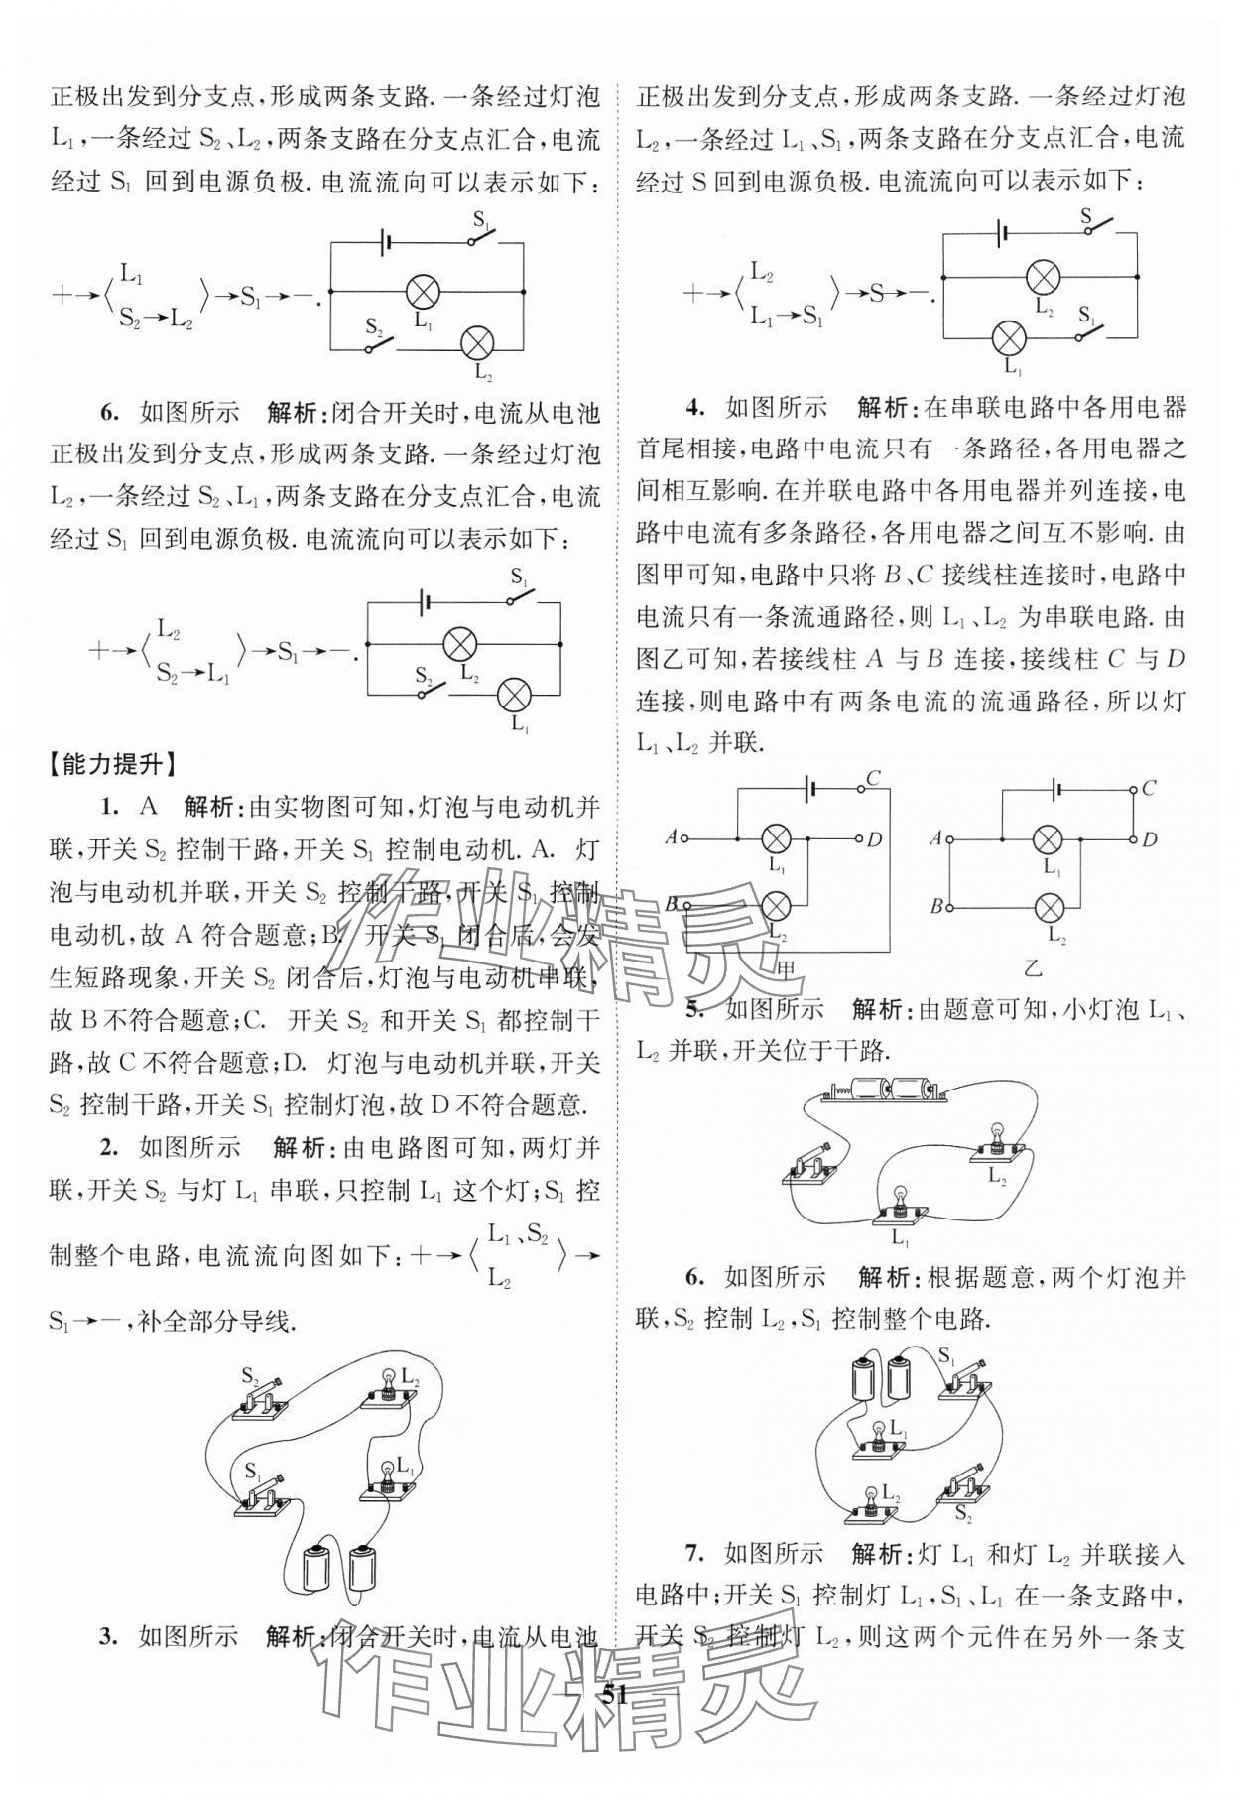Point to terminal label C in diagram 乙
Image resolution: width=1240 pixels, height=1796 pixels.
pyautogui.click(x=1148, y=788)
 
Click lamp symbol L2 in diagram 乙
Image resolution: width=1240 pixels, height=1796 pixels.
pyautogui.click(x=1050, y=907)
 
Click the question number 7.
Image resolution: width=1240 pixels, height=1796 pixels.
pyautogui.click(x=694, y=1553)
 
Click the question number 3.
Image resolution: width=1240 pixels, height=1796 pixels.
pyautogui.click(x=109, y=1636)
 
